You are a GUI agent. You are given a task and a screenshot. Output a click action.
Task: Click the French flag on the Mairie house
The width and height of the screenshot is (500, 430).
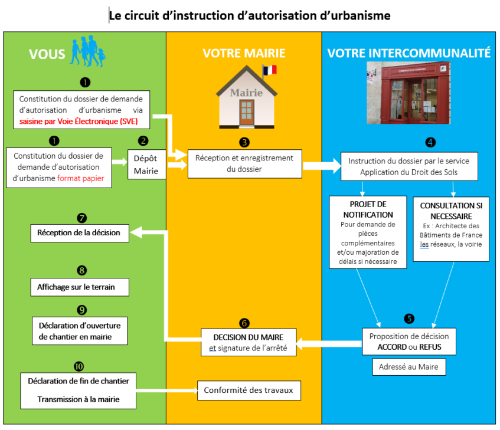tap(270, 70)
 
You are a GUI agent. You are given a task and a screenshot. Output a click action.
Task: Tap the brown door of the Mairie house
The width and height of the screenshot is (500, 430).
tap(247, 113)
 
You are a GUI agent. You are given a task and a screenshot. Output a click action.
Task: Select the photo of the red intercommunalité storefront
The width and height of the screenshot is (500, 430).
tap(408, 93)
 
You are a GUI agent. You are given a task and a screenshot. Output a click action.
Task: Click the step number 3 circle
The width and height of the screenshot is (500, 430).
tap(244, 142)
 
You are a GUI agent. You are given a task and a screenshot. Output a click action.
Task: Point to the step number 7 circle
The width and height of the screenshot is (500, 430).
tap(82, 218)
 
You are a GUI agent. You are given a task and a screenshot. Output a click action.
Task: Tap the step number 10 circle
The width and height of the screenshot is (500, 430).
tap(79, 367)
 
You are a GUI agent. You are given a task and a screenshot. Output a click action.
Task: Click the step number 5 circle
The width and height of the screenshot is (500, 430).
tap(409, 319)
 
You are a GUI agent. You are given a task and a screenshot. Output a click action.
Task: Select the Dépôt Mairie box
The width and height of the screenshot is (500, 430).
tap(146, 165)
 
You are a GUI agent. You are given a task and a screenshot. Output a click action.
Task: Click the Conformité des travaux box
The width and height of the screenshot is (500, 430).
tap(249, 390)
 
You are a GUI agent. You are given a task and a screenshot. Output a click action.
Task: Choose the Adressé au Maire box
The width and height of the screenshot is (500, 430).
tap(409, 367)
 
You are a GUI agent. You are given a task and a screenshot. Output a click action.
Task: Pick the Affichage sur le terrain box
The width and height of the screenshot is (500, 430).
tap(80, 287)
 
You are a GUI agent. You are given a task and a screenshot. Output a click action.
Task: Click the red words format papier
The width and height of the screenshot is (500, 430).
tap(81, 178)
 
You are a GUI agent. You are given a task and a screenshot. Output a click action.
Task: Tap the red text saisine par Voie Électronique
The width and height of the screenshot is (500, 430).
tap(69, 122)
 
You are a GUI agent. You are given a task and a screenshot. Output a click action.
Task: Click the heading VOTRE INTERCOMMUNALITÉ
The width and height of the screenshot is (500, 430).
tap(409, 53)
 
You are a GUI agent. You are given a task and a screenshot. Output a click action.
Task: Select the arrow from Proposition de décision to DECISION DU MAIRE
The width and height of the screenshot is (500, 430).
tap(329, 344)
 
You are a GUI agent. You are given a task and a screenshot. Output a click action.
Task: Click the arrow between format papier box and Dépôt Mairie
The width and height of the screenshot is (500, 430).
tap(120, 162)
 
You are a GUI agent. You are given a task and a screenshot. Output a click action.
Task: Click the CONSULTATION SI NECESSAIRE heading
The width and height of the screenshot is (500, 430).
tap(451, 211)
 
